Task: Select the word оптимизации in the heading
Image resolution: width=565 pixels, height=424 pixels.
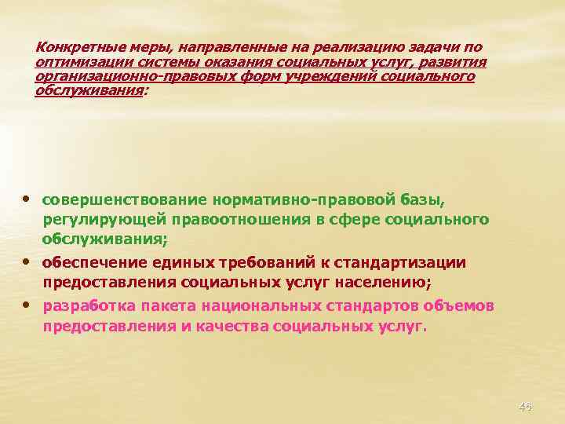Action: point(75,62)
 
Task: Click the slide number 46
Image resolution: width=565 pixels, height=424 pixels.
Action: point(525,406)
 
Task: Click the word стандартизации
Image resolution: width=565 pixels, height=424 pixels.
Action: point(410,262)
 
